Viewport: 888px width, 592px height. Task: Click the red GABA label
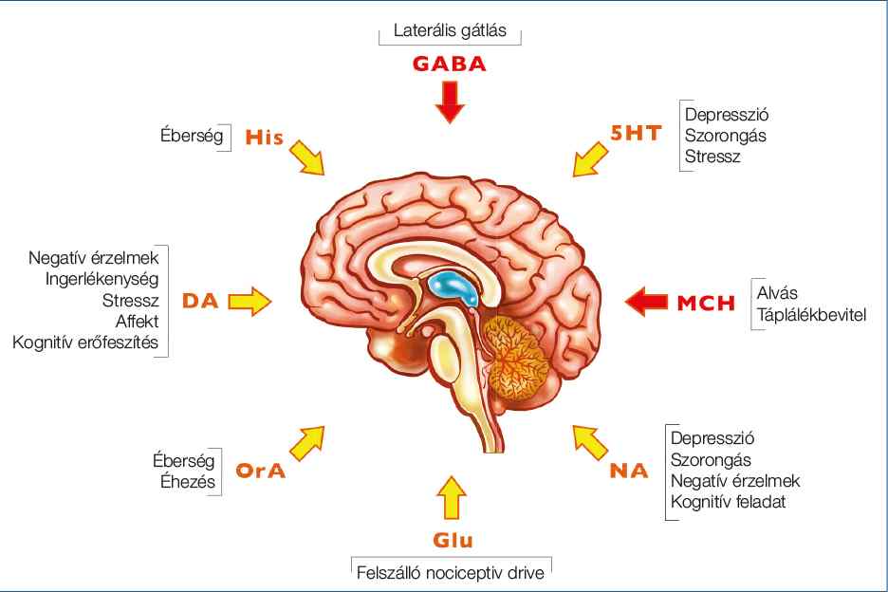[x=449, y=65]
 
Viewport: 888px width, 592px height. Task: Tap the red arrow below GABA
[x=450, y=102]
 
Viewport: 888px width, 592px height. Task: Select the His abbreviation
[x=265, y=138]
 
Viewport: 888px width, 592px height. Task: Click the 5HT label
[x=636, y=134]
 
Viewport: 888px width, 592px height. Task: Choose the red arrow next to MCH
[x=647, y=302]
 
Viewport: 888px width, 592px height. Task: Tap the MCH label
[x=706, y=304]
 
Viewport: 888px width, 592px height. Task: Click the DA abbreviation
[x=200, y=302]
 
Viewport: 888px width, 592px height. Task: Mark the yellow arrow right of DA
[x=250, y=302]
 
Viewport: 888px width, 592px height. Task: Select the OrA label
[x=262, y=471]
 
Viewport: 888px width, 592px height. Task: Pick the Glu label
[x=453, y=541]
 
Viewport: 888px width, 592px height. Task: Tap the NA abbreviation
[x=629, y=470]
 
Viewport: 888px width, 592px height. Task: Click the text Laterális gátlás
[x=450, y=30]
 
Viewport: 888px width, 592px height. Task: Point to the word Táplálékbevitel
[x=811, y=315]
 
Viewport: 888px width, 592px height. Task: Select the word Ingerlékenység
[x=102, y=279]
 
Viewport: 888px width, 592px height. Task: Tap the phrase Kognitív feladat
[x=729, y=501]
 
